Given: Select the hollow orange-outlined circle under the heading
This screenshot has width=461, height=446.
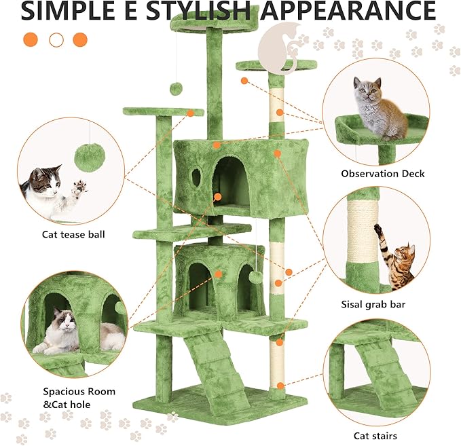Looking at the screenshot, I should [56, 39].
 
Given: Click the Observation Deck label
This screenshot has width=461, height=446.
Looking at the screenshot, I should [382, 174].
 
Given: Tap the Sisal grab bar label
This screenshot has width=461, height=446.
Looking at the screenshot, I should [373, 305].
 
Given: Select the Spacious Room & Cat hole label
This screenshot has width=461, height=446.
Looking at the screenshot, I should [79, 398].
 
